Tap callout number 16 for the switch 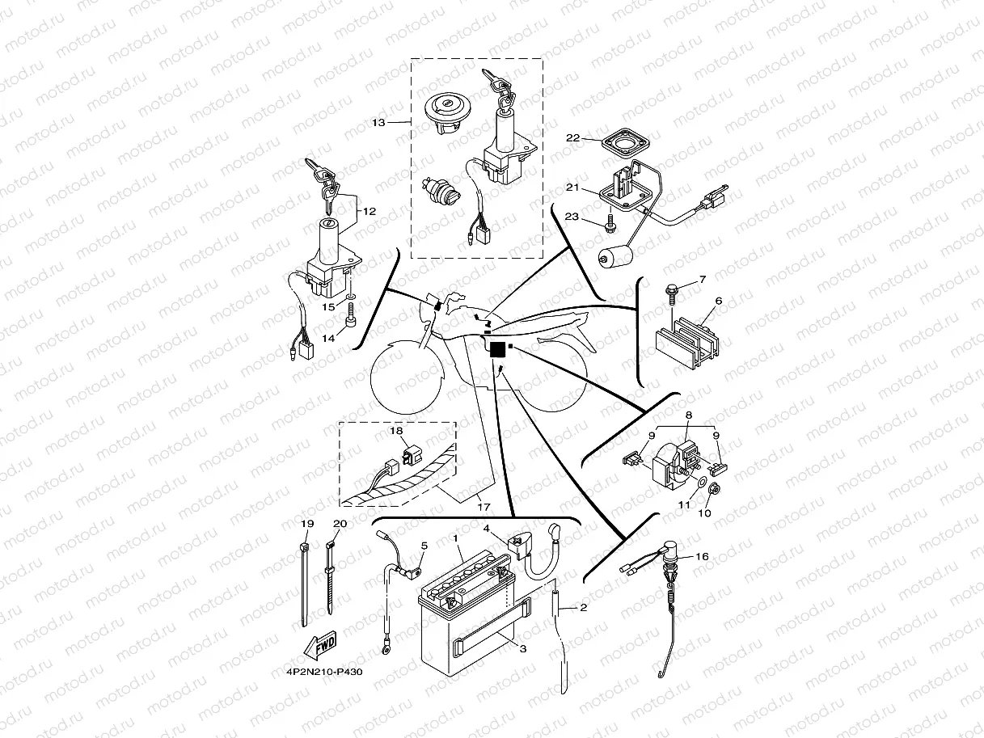click(x=701, y=557)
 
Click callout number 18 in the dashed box click(x=396, y=431)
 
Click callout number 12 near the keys click(x=369, y=211)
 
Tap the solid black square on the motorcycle click(x=496, y=348)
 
